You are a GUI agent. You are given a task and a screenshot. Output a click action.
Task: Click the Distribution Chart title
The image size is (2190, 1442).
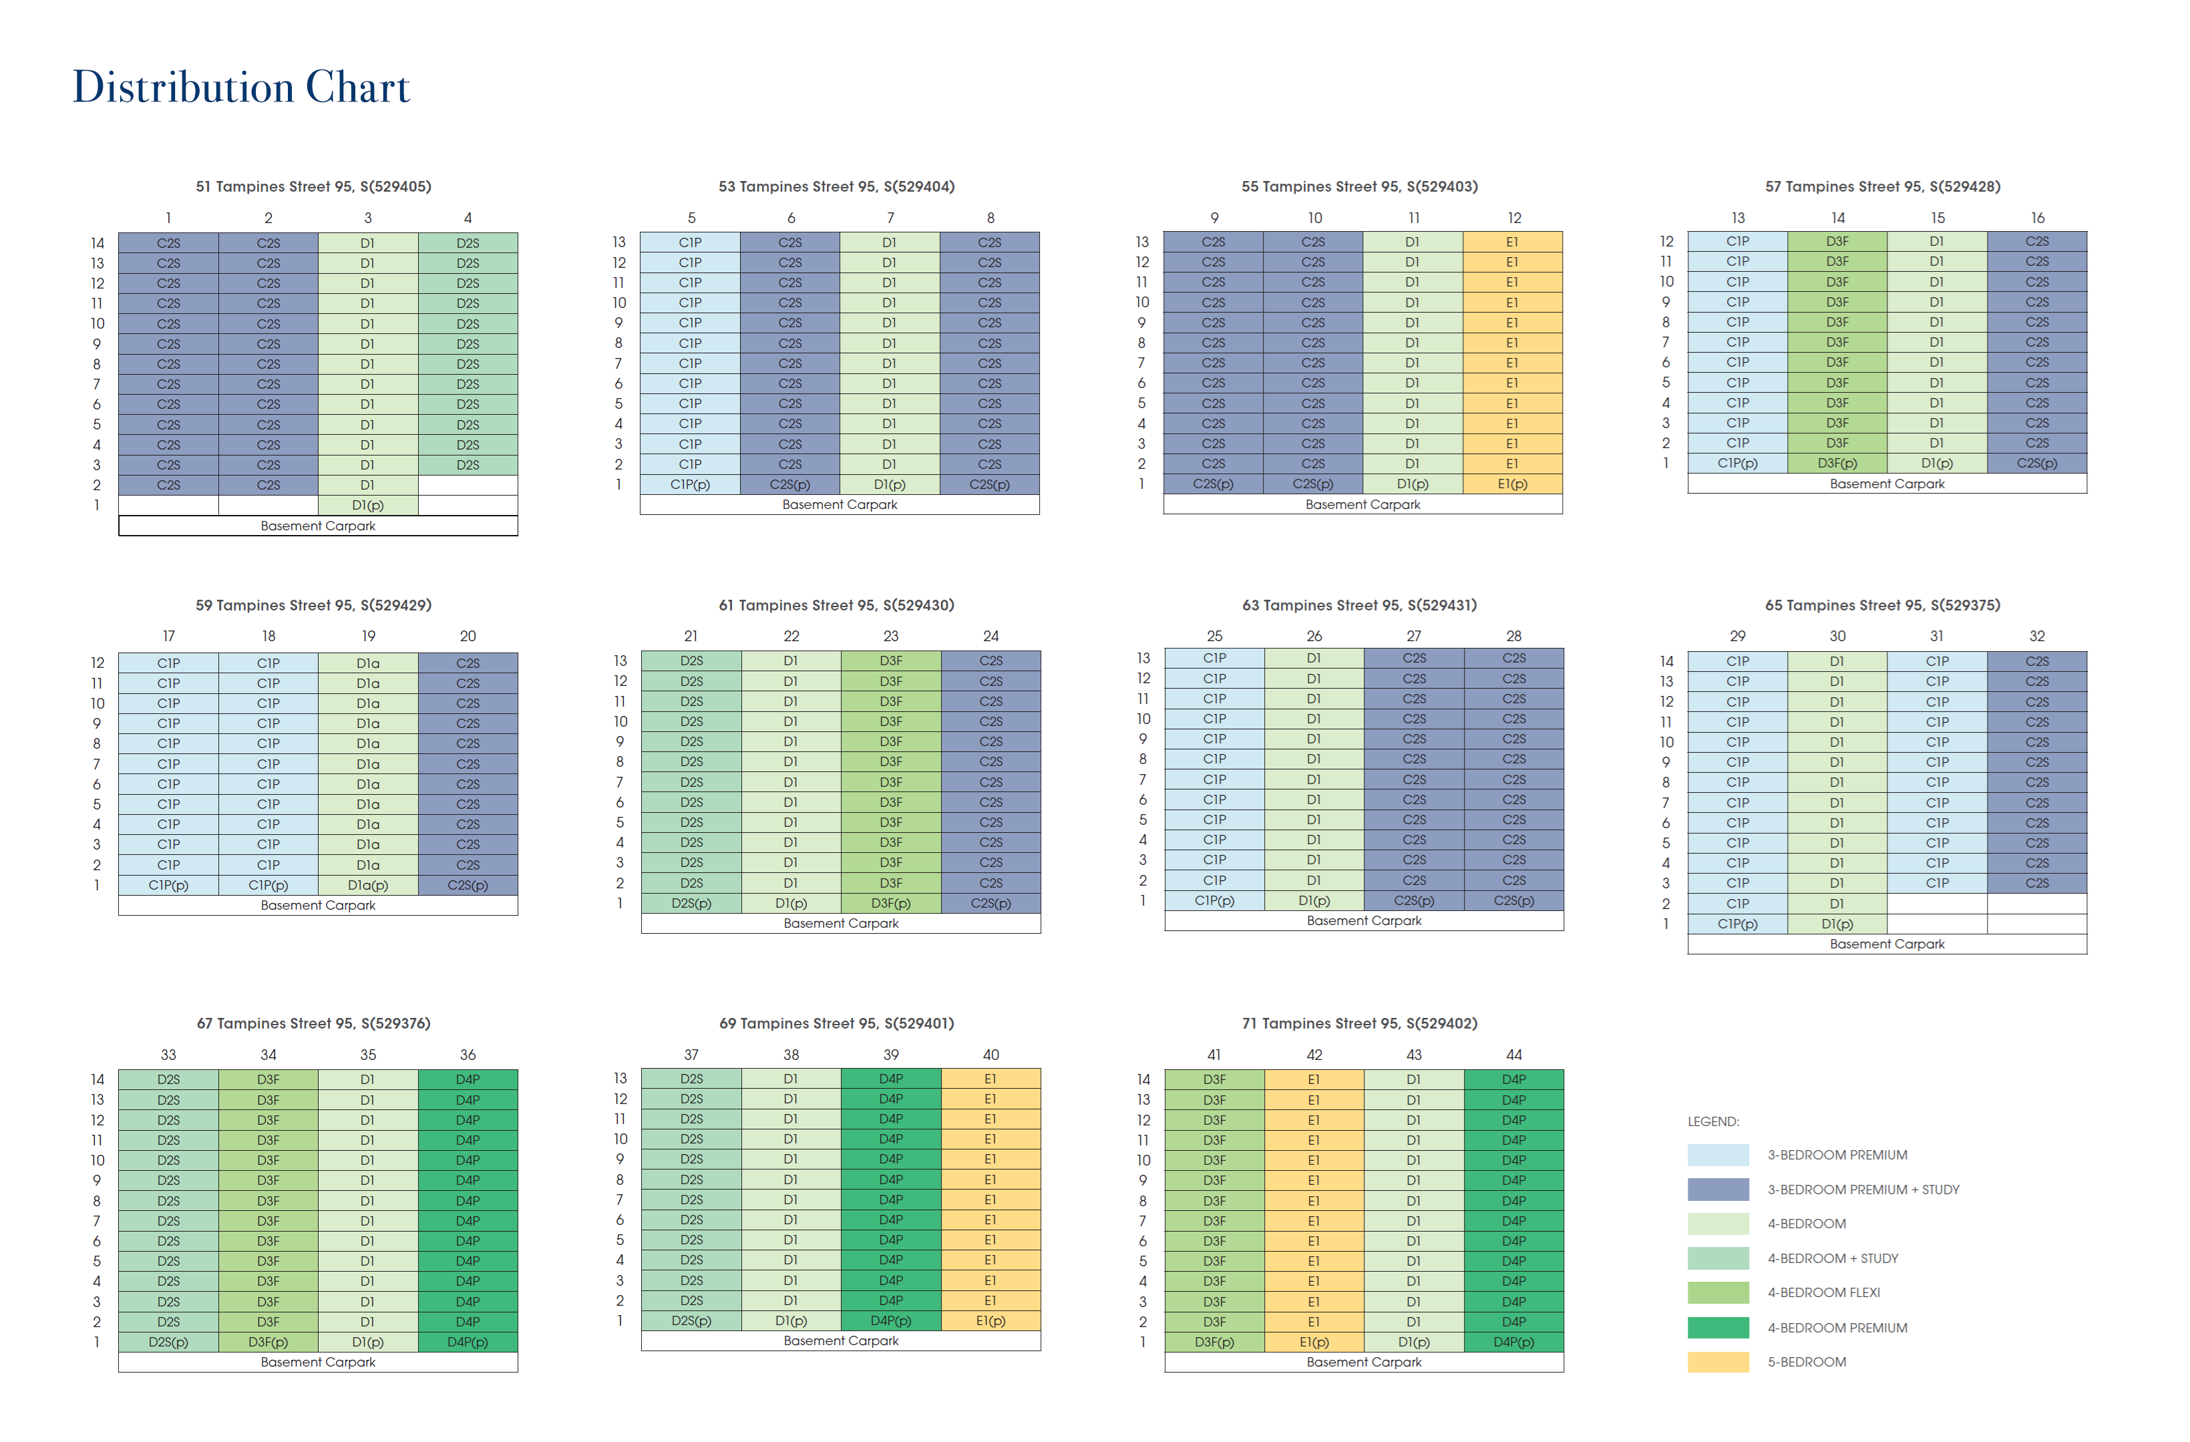pyautogui.click(x=241, y=87)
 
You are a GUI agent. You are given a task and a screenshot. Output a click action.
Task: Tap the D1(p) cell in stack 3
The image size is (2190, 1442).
pyautogui.click(x=367, y=505)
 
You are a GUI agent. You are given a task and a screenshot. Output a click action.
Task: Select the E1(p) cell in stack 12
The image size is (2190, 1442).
pyautogui.click(x=1512, y=484)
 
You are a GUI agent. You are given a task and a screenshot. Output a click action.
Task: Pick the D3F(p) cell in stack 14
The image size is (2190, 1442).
pyautogui.click(x=1837, y=464)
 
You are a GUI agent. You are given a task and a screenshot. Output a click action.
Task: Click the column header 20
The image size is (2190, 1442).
pyautogui.click(x=468, y=636)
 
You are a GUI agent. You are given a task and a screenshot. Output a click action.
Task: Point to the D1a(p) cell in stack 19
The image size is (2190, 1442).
pyautogui.click(x=367, y=885)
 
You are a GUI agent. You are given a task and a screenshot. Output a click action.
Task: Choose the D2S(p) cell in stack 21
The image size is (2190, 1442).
pyautogui.click(x=691, y=904)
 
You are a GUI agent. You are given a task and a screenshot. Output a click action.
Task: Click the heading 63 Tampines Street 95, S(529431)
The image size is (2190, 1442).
pyautogui.click(x=1359, y=606)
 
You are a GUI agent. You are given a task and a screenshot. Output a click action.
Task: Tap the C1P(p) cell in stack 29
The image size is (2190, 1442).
pyautogui.click(x=1737, y=924)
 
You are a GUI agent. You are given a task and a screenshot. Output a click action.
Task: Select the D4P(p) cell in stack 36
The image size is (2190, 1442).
pyautogui.click(x=468, y=1342)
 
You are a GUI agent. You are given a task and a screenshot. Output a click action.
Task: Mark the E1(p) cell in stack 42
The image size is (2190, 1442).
pyautogui.click(x=1313, y=1342)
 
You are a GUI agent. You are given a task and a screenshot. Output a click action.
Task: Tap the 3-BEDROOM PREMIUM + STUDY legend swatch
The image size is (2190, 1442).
pyautogui.click(x=1717, y=1190)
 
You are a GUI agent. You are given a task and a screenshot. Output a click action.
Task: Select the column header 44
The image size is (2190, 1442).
pyautogui.click(x=1513, y=1055)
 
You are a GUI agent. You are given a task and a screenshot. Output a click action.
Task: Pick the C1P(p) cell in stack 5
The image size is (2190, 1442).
pyautogui.click(x=689, y=485)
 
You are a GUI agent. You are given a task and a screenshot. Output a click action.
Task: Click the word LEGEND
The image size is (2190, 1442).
pyautogui.click(x=1712, y=1122)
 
